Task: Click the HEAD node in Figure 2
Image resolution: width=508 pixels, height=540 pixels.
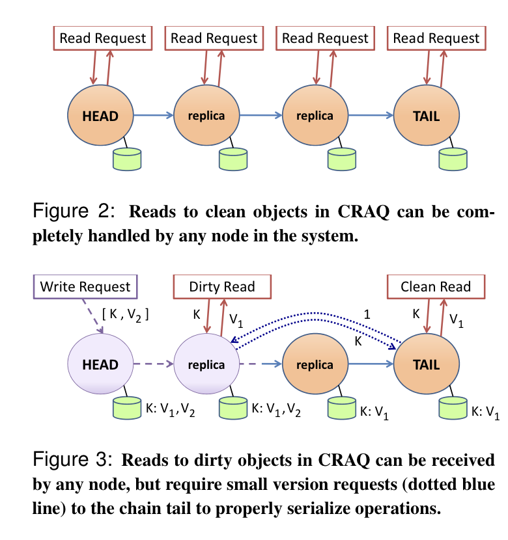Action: click(100, 116)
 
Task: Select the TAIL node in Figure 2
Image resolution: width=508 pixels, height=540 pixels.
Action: click(426, 116)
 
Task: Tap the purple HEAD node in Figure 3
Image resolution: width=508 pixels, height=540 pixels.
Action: click(100, 364)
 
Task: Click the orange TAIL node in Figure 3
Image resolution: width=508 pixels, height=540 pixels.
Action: click(426, 364)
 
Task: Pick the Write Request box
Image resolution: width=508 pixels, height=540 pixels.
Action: click(85, 286)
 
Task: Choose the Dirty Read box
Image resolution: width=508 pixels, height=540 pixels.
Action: click(222, 286)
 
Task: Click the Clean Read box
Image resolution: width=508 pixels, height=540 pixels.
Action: click(436, 286)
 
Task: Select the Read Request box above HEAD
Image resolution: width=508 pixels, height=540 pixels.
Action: click(103, 38)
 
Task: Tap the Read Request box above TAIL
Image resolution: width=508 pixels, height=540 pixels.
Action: click(436, 38)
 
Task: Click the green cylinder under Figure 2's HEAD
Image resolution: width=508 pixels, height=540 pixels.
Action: click(128, 159)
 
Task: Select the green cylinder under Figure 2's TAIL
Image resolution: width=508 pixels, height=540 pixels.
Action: click(453, 159)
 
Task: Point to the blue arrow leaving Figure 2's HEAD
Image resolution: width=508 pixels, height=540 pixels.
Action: click(154, 116)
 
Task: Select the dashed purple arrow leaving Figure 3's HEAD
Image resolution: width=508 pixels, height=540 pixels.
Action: click(154, 364)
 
